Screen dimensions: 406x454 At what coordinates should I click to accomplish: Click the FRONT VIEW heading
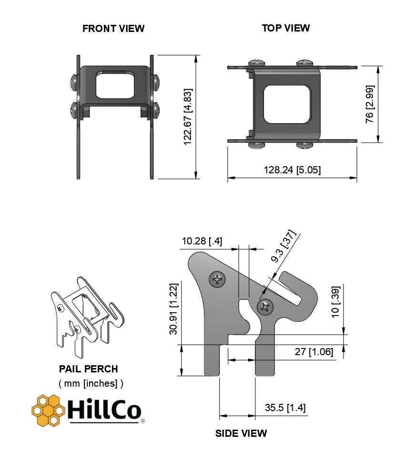click(113, 28)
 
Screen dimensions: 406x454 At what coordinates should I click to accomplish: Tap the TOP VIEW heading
click(286, 28)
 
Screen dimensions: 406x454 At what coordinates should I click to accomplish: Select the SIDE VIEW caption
click(241, 433)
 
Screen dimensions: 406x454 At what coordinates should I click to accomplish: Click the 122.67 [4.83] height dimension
click(188, 116)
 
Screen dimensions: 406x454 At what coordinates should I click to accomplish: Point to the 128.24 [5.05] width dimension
click(292, 169)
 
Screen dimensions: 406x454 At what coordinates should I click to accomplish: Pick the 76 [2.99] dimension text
click(370, 104)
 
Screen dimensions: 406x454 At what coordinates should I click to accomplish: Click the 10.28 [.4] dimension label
click(202, 241)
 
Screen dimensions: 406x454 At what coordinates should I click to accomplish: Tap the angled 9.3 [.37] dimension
click(284, 246)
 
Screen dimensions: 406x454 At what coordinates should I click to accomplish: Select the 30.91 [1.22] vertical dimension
click(173, 309)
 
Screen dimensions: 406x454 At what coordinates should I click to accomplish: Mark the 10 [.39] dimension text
click(335, 302)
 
